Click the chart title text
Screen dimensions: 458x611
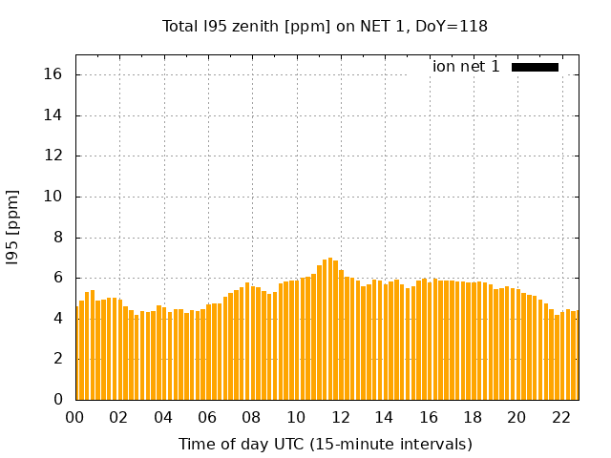coord(325,26)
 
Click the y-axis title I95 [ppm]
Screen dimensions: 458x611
coord(12,227)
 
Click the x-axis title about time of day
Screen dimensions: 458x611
coord(325,444)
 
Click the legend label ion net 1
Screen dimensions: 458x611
coord(466,67)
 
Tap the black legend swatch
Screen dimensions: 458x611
coord(535,67)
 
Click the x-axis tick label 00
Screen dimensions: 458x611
coord(74,417)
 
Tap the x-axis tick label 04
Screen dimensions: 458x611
coord(163,417)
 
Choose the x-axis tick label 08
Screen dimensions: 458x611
coord(251,417)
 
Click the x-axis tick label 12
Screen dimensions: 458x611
coord(340,417)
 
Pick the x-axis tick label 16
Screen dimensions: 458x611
coord(428,417)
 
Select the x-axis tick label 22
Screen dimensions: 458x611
coord(560,417)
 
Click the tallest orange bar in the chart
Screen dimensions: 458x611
coord(330,329)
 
